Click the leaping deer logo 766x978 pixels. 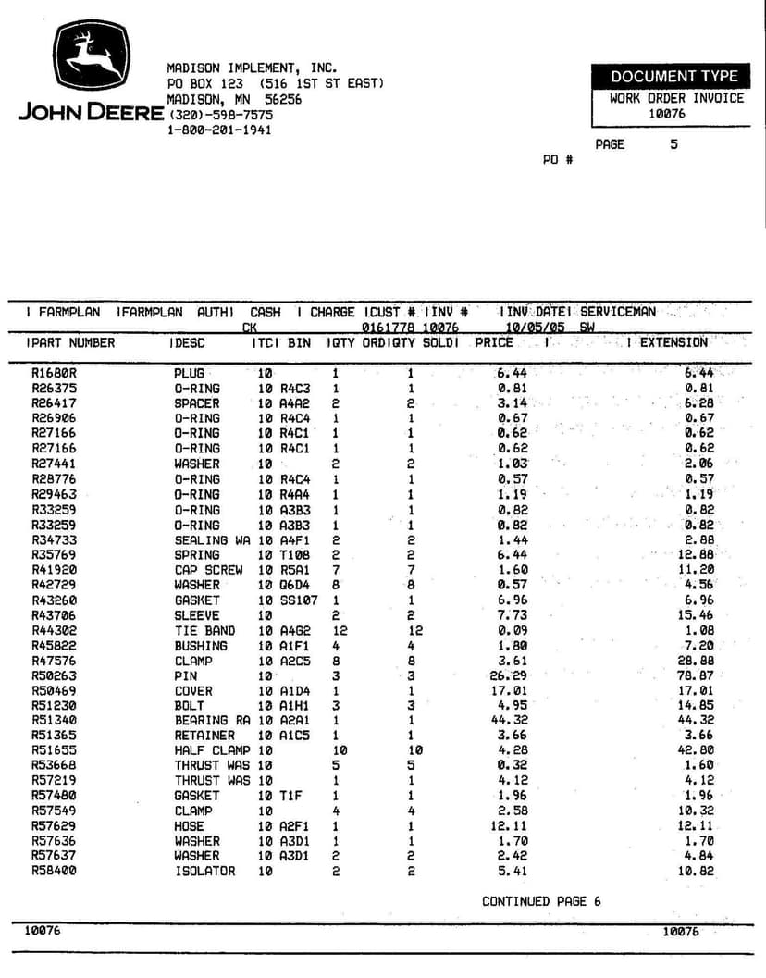90,57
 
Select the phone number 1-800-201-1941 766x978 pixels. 219,130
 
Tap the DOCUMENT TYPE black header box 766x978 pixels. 673,77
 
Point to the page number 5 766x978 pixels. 673,144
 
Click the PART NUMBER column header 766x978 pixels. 74,343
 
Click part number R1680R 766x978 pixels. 54,373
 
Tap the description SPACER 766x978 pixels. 197,403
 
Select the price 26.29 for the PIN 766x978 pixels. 512,675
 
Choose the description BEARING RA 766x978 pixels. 213,720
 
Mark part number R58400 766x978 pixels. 56,871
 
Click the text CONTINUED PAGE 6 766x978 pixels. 540,901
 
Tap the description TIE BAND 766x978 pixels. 201,630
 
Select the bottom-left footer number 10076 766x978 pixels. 43,931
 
